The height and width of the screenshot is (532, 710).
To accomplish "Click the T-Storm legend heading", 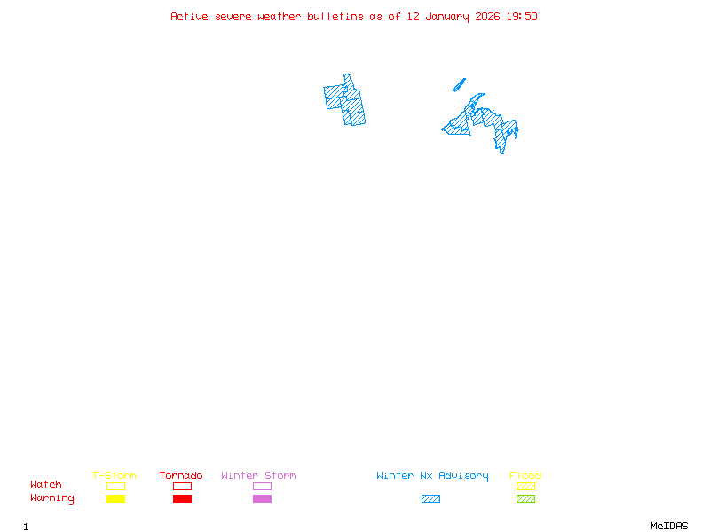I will [114, 476].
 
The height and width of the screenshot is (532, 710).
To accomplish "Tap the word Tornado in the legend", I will [181, 476].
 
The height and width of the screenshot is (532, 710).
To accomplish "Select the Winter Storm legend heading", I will [258, 476].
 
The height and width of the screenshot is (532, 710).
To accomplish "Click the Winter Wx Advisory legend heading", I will [432, 476].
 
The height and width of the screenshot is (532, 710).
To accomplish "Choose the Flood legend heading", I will [525, 476].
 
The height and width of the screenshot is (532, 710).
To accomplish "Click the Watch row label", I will [46, 485].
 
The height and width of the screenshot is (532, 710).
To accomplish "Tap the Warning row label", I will [52, 498].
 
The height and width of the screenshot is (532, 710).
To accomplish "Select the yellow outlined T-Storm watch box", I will [115, 486].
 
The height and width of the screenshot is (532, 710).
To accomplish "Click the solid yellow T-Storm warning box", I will [115, 499].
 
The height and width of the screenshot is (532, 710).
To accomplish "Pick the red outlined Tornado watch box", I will [182, 486].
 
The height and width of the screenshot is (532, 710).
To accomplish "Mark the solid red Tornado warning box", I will [182, 499].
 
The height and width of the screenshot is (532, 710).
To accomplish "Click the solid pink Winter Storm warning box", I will [262, 499].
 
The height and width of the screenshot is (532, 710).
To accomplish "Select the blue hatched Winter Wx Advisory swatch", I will [430, 499].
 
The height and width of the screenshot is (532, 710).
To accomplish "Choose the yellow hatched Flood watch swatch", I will [525, 486].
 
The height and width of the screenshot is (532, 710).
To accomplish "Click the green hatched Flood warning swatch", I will [525, 499].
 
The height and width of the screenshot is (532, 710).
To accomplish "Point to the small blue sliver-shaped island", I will [459, 85].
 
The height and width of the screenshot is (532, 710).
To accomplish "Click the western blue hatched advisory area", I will [346, 100].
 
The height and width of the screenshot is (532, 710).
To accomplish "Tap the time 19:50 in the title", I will [523, 16].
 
